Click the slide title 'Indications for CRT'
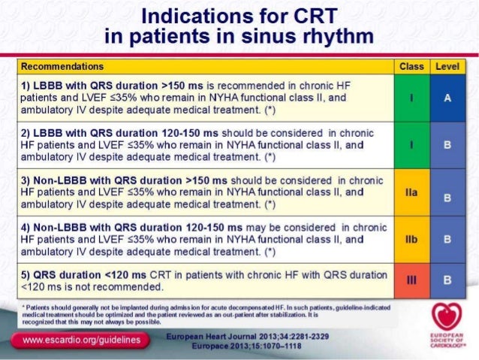pyautogui.click(x=239, y=16)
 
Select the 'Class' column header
pyautogui.click(x=411, y=67)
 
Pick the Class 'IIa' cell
pyautogui.click(x=411, y=193)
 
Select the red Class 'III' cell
pyautogui.click(x=411, y=280)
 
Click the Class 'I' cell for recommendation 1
pyautogui.click(x=411, y=98)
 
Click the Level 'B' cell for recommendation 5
pyautogui.click(x=447, y=280)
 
